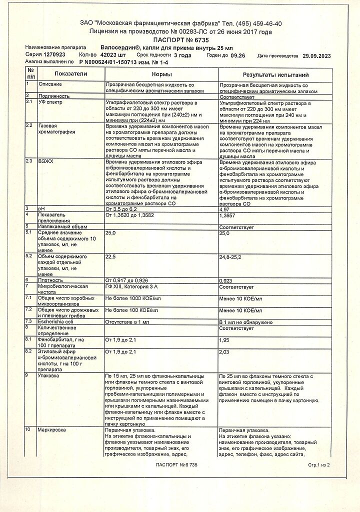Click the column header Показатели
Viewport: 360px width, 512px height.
coord(71,74)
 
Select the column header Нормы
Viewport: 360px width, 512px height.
coord(161,74)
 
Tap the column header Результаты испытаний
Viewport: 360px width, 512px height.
coord(275,74)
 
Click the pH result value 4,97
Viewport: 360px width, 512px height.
coord(226,209)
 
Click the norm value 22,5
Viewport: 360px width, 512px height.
coord(110,257)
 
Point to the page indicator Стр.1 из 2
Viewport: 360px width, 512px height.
coord(319,464)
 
